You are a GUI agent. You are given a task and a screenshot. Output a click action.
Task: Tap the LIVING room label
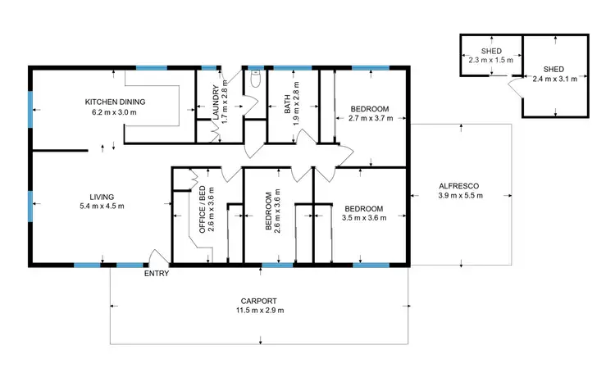(102, 197)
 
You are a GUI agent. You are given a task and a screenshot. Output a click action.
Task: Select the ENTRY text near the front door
(156, 274)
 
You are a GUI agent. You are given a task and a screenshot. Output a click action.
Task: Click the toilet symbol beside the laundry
(256, 79)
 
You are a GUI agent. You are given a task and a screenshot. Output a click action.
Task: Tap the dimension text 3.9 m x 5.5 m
(460, 196)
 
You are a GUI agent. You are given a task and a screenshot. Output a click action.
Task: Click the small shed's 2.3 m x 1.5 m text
(490, 60)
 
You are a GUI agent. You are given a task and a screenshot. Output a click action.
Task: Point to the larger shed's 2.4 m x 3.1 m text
(555, 79)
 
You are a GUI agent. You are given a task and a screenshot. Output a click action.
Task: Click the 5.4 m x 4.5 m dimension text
(102, 207)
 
